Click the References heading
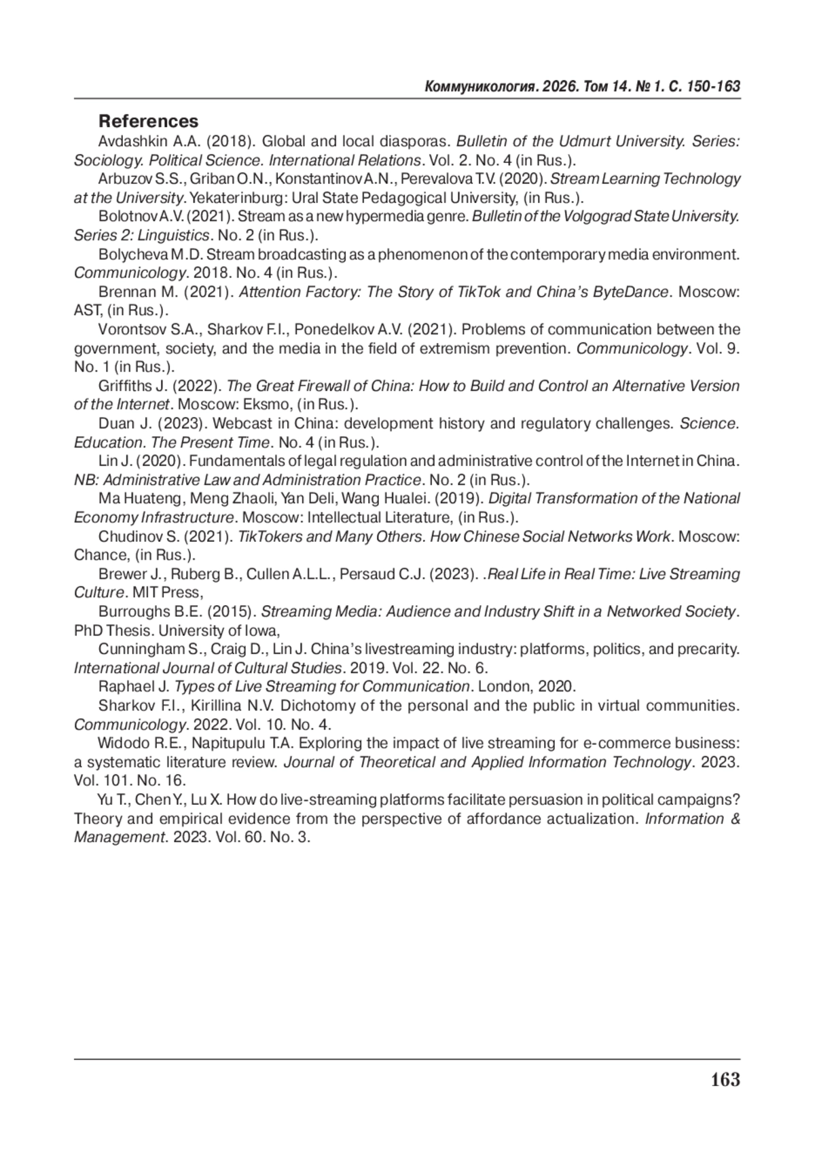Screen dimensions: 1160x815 pos(149,121)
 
